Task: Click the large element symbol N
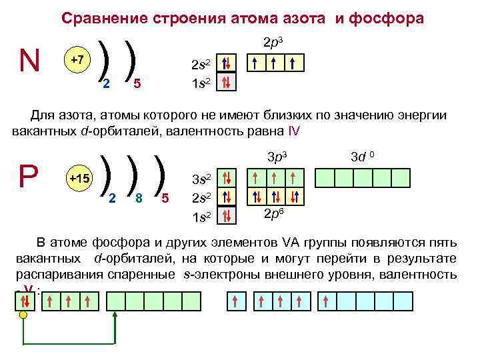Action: point(29,61)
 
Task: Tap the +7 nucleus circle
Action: point(77,60)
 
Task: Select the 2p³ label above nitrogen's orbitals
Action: point(274,43)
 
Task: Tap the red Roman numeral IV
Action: point(295,130)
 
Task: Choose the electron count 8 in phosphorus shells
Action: point(138,197)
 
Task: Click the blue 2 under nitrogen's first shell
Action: point(106,83)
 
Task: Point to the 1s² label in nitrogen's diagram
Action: point(201,83)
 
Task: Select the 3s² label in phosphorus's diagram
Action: point(202,179)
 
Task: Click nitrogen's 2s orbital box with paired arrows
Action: point(227,65)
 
